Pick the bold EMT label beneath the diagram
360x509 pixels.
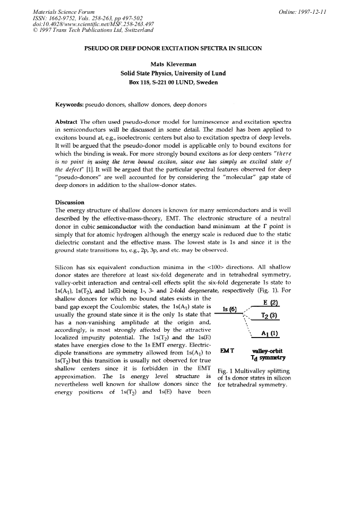pos(227,351)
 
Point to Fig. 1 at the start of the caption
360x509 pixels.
pos(227,371)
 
